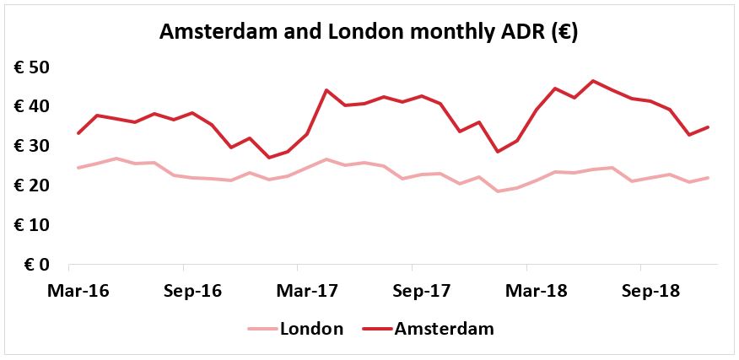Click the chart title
pos(368,33)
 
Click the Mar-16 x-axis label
pos(78,291)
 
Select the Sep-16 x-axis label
pos(192,291)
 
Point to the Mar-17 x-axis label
pos(307,291)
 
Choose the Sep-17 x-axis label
pos(422,291)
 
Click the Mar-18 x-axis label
pos(537,291)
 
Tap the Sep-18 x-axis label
pos(651,291)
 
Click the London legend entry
pos(295,329)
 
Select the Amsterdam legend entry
pos(429,329)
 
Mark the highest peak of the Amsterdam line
pos(593,81)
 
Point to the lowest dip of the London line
pos(499,191)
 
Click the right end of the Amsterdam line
pos(708,126)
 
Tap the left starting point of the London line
pos(78,168)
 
